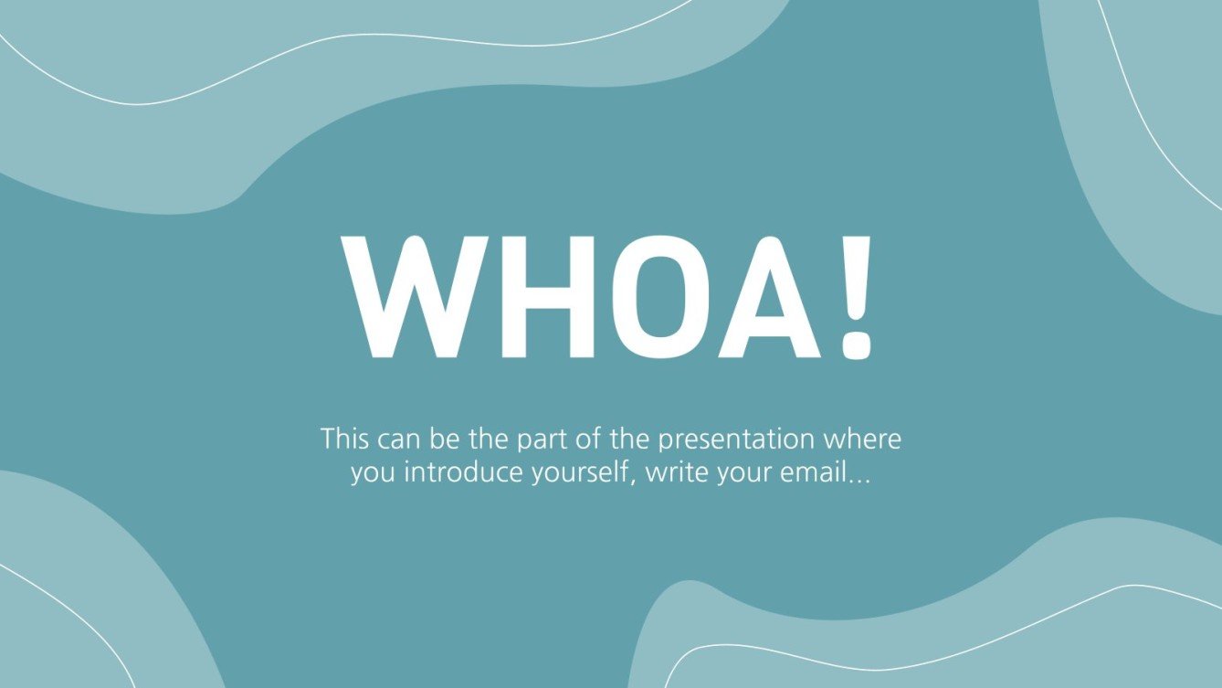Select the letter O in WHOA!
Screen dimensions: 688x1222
643,296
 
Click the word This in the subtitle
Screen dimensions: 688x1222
344,439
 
